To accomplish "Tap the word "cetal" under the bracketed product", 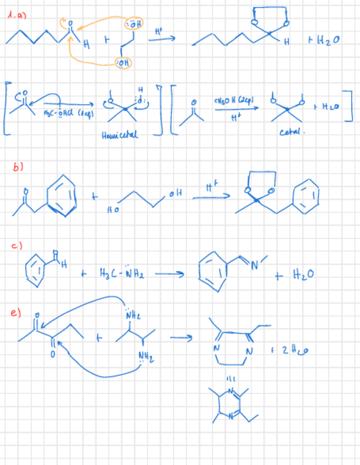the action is click(x=289, y=132).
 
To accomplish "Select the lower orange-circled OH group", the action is click(x=125, y=64).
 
